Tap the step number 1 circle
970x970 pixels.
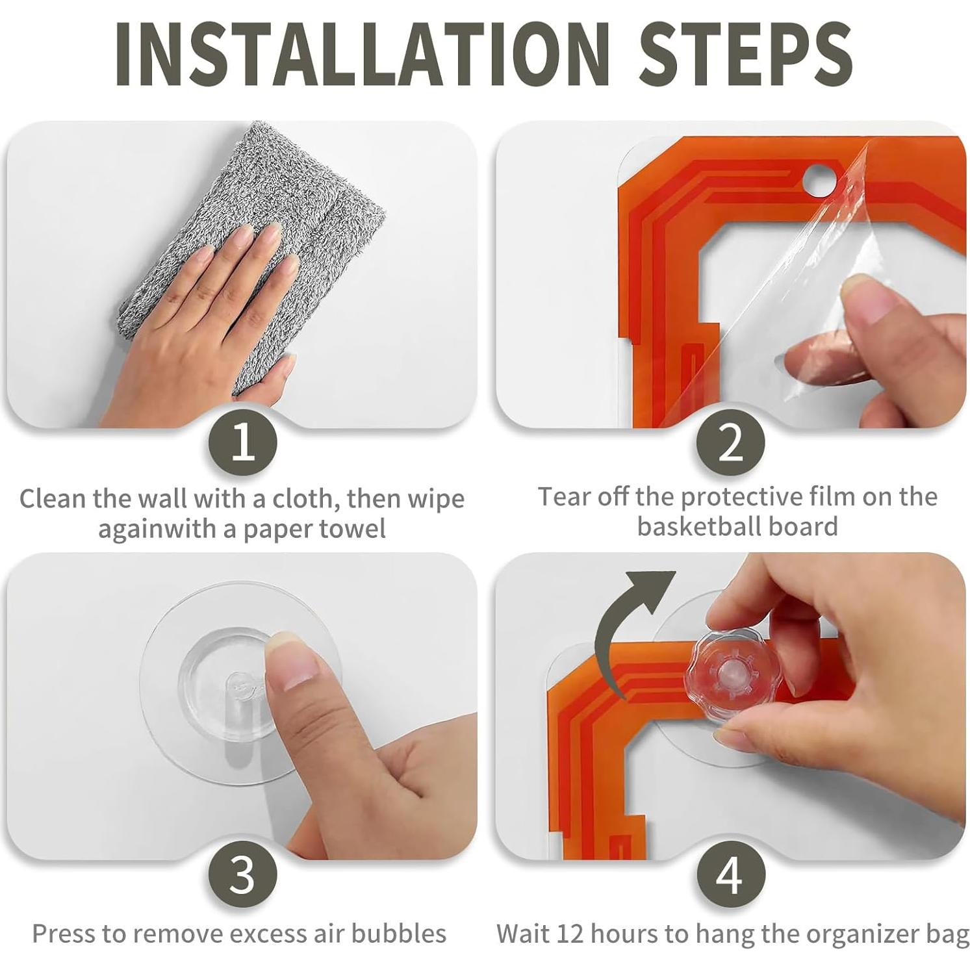tap(243, 442)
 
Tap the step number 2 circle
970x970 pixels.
tap(731, 442)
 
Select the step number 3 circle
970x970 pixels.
tap(243, 874)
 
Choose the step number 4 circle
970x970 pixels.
tap(731, 874)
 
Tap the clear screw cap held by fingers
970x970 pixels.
tap(735, 676)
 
